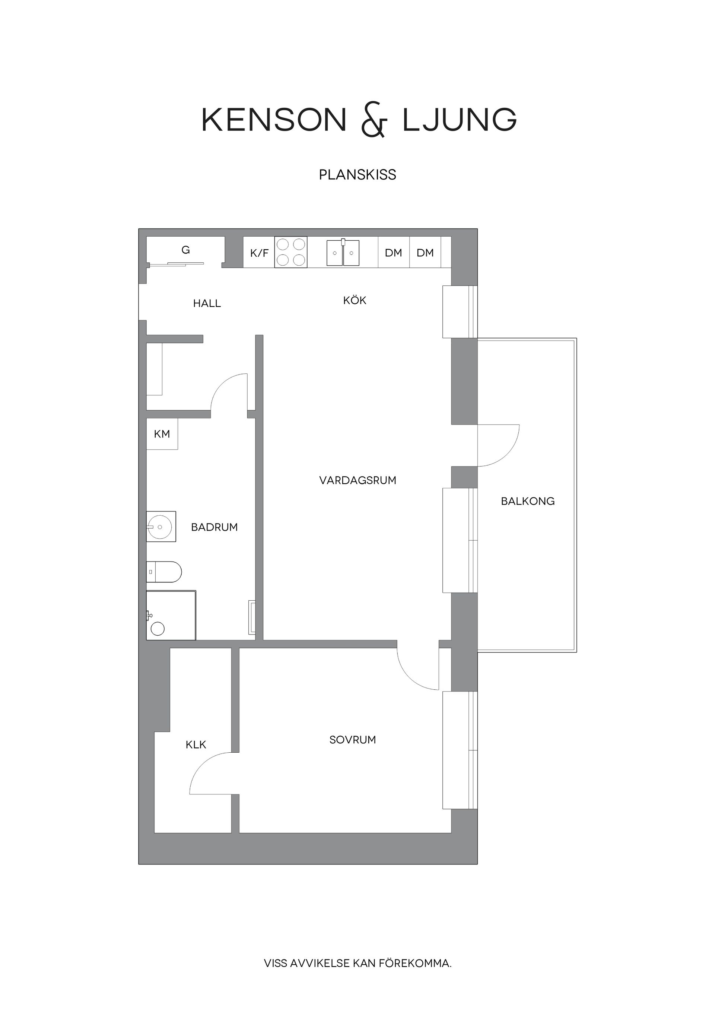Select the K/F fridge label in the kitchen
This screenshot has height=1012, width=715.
pyautogui.click(x=259, y=253)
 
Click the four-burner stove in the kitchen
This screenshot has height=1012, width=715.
pyautogui.click(x=291, y=252)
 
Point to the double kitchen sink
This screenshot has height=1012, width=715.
pyautogui.click(x=343, y=253)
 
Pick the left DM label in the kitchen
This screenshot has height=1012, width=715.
pyautogui.click(x=393, y=253)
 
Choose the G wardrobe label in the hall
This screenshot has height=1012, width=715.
pyautogui.click(x=185, y=250)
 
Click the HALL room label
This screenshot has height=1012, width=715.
pyautogui.click(x=207, y=303)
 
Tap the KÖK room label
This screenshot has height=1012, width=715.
pyautogui.click(x=355, y=301)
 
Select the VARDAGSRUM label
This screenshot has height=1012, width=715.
pyautogui.click(x=358, y=480)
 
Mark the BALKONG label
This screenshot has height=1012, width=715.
pyautogui.click(x=527, y=501)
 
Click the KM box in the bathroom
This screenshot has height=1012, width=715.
pyautogui.click(x=162, y=434)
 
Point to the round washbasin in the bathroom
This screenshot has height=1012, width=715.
pyautogui.click(x=161, y=527)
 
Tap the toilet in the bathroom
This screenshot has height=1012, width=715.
pyautogui.click(x=164, y=572)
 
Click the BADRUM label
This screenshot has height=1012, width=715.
pyautogui.click(x=214, y=527)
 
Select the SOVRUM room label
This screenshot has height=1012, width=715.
pyautogui.click(x=352, y=740)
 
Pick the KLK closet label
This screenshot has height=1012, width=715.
pyautogui.click(x=196, y=745)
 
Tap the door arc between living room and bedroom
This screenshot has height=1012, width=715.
pyautogui.click(x=412, y=674)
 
